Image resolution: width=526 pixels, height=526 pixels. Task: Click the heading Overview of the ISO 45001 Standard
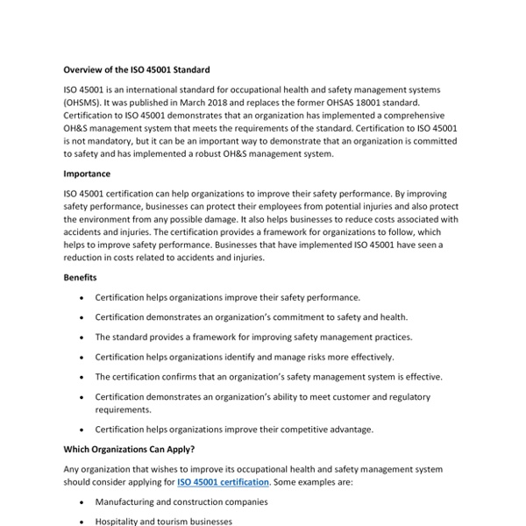(x=137, y=69)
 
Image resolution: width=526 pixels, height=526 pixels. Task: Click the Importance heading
(x=87, y=174)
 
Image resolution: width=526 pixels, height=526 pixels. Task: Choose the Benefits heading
(x=81, y=278)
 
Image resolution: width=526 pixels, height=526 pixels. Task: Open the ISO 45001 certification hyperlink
(x=222, y=482)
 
